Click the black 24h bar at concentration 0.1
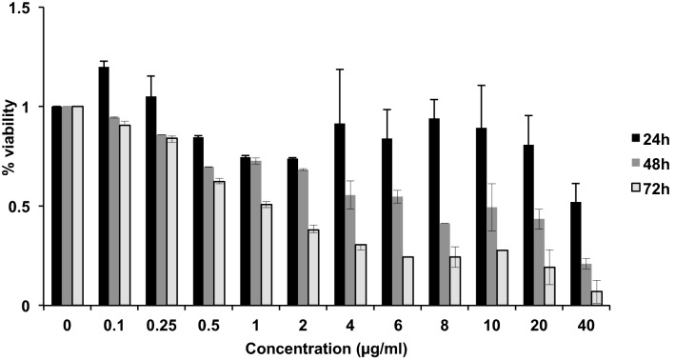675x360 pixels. (103, 187)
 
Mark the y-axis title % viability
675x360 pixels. (11, 157)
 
